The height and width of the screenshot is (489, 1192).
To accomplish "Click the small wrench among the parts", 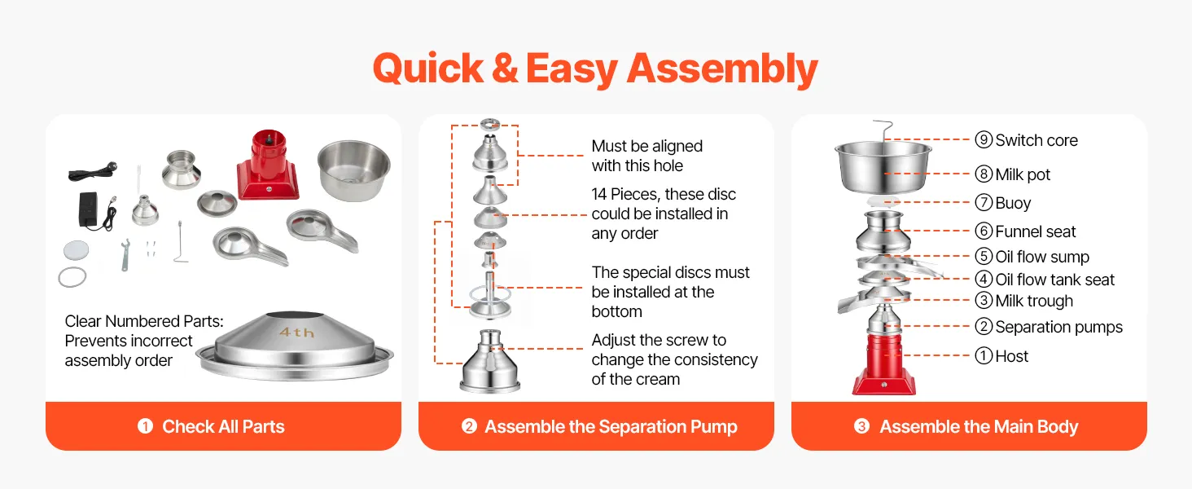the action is (x=125, y=255).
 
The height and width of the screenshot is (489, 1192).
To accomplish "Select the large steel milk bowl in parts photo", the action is (x=354, y=170).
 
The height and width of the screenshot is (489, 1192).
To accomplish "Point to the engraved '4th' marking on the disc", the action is (x=297, y=333).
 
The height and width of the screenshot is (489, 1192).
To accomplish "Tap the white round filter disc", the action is (x=76, y=250).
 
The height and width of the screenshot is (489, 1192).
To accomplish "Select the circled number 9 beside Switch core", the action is (x=984, y=140).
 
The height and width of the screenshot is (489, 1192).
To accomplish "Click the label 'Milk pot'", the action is (x=1023, y=174).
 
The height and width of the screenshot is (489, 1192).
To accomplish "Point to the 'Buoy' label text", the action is (x=1013, y=203).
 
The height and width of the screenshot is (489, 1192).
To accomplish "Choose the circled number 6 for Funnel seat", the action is (x=984, y=231).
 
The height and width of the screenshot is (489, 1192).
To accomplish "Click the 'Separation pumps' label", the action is (x=1059, y=327).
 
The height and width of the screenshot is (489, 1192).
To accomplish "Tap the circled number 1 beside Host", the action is (x=984, y=356).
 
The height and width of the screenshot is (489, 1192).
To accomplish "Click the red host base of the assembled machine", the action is (x=884, y=365).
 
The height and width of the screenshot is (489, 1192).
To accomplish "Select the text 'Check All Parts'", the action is (x=223, y=427).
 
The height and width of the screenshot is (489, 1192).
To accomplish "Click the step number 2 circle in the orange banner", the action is (x=469, y=426).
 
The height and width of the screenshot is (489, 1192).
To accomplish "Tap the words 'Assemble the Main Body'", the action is (x=979, y=427).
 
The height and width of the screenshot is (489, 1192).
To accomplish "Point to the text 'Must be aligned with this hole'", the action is (x=647, y=156).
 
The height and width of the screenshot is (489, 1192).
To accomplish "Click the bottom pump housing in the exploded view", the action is (x=490, y=361).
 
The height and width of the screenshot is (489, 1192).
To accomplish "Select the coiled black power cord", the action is (x=93, y=171).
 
